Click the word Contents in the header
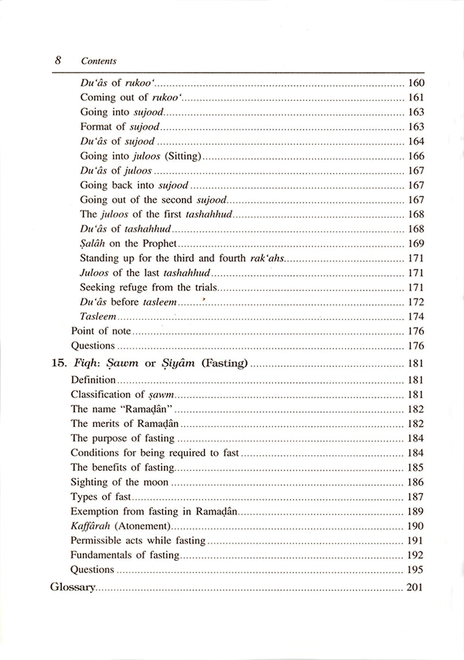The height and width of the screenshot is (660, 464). pos(99,61)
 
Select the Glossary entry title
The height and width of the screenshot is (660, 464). pos(72,587)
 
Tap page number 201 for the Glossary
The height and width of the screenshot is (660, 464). pos(415,587)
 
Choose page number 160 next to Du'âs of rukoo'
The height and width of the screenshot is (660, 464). pos(416,82)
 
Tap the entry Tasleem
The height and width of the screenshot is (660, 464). pos(99,317)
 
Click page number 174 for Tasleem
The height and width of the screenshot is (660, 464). pos(416,317)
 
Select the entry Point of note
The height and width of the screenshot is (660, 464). pos(101,331)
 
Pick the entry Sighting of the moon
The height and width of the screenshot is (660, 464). pos(119,482)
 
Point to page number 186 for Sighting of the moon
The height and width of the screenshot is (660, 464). pos(416,482)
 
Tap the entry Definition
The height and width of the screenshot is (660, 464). pos(93,380)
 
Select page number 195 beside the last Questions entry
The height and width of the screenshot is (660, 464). pos(416,570)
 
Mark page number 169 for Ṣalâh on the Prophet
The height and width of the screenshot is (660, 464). pos(416,244)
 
